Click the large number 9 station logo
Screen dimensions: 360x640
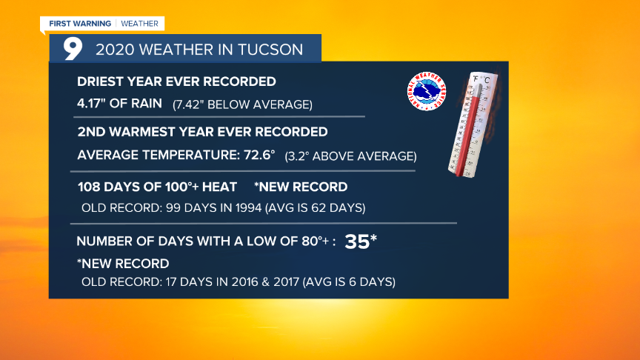pyautogui.click(x=73, y=49)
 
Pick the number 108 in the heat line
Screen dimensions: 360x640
pyautogui.click(x=90, y=187)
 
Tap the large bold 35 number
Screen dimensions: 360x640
pyautogui.click(x=357, y=241)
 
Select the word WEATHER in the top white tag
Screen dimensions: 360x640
pyautogui.click(x=140, y=24)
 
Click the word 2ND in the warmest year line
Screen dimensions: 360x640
pyautogui.click(x=90, y=132)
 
